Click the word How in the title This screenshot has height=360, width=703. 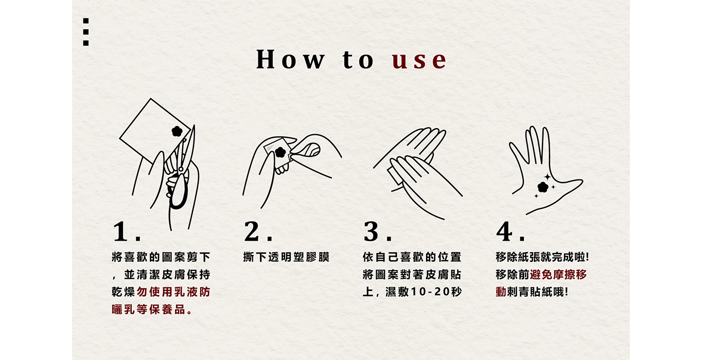pyautogui.click(x=290, y=59)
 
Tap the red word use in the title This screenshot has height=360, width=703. pyautogui.click(x=419, y=60)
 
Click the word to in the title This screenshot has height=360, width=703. pyautogui.click(x=358, y=59)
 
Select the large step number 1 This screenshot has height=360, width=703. pyautogui.click(x=120, y=231)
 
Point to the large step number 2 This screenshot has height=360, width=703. pyautogui.click(x=252, y=231)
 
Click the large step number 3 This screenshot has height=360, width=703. pyautogui.click(x=371, y=231)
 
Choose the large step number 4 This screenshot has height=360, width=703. pyautogui.click(x=504, y=231)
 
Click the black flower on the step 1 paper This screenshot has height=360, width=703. pyautogui.click(x=177, y=131)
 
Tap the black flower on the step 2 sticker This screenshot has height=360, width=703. pyautogui.click(x=280, y=152)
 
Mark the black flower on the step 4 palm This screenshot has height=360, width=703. pyautogui.click(x=542, y=187)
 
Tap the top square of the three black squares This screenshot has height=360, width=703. pyautogui.click(x=85, y=21)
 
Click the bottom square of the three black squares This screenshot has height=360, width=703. pyautogui.click(x=85, y=43)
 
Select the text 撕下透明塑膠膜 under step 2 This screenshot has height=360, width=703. pyautogui.click(x=286, y=257)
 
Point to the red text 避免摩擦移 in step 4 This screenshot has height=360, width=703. pyautogui.click(x=558, y=275)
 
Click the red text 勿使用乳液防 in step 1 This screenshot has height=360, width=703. pyautogui.click(x=173, y=292)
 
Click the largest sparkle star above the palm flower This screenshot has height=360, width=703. pyautogui.click(x=548, y=177)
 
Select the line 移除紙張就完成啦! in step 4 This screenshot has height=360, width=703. pyautogui.click(x=542, y=257)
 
